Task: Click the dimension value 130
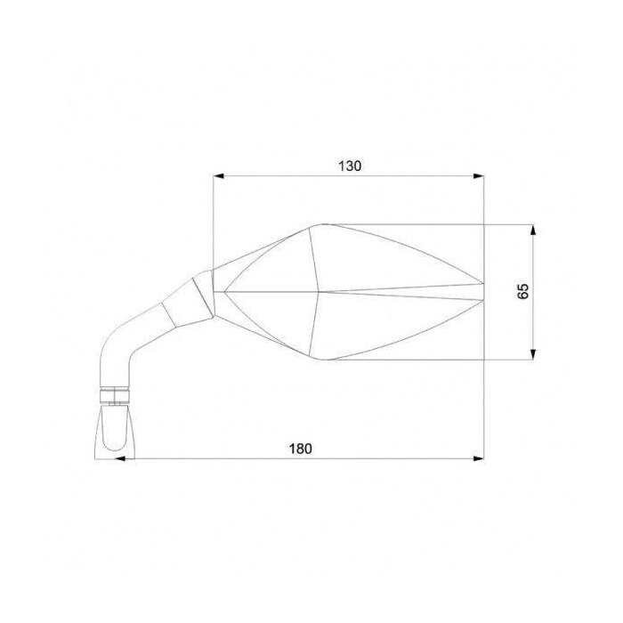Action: tap(350, 166)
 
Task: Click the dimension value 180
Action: tap(301, 449)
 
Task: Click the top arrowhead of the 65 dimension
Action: tap(532, 229)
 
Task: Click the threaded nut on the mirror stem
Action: tap(116, 393)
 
